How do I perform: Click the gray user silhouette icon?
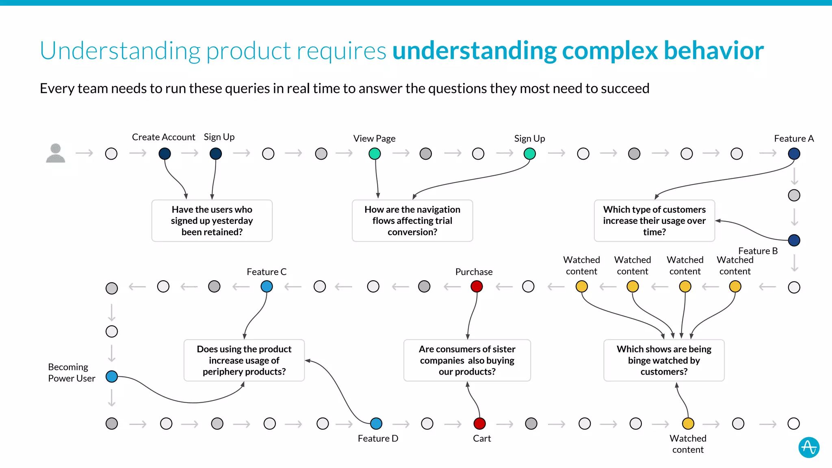coord(56,153)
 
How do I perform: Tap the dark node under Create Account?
coord(165,154)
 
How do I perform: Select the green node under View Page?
coord(375,154)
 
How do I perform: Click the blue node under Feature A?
coord(794,154)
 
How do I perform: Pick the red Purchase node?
coord(477,286)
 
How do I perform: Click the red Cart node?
coord(480,423)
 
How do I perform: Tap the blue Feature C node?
coord(266,286)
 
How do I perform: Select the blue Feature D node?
coord(376,423)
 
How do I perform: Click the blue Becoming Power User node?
coord(112,377)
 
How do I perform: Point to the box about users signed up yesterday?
coord(212,221)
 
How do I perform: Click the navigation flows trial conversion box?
coord(412,221)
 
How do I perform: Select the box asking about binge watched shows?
coord(664,360)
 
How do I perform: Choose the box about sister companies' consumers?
coord(467,360)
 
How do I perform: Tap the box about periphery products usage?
coord(244,360)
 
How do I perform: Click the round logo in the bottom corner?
coord(809,447)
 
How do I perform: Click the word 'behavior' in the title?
coord(714,51)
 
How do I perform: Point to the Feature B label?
coord(758,251)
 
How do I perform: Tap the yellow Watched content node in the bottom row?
coord(688,423)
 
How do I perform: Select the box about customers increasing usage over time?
coord(654,221)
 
